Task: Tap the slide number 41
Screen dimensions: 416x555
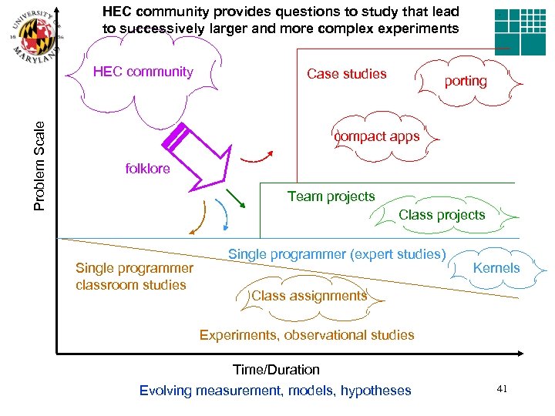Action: tap(502, 390)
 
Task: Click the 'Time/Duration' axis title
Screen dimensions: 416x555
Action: tap(276, 370)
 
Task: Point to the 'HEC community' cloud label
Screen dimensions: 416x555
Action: tap(143, 72)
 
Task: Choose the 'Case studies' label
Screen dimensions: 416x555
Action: tap(346, 74)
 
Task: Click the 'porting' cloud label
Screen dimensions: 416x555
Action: tap(466, 81)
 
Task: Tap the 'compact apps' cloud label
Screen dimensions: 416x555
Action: tap(377, 136)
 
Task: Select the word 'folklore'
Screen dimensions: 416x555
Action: tap(147, 169)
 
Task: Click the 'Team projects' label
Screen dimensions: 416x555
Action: tap(331, 196)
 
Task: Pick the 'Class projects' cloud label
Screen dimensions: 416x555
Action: tap(442, 215)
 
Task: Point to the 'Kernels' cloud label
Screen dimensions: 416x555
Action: tap(496, 268)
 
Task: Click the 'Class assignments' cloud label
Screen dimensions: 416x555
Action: tap(308, 296)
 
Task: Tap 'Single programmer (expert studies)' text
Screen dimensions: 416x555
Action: tap(337, 254)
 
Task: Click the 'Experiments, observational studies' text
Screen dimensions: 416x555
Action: tap(307, 335)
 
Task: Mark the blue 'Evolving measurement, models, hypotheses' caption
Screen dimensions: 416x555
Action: tap(275, 391)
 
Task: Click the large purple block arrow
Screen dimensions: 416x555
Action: tap(197, 155)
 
